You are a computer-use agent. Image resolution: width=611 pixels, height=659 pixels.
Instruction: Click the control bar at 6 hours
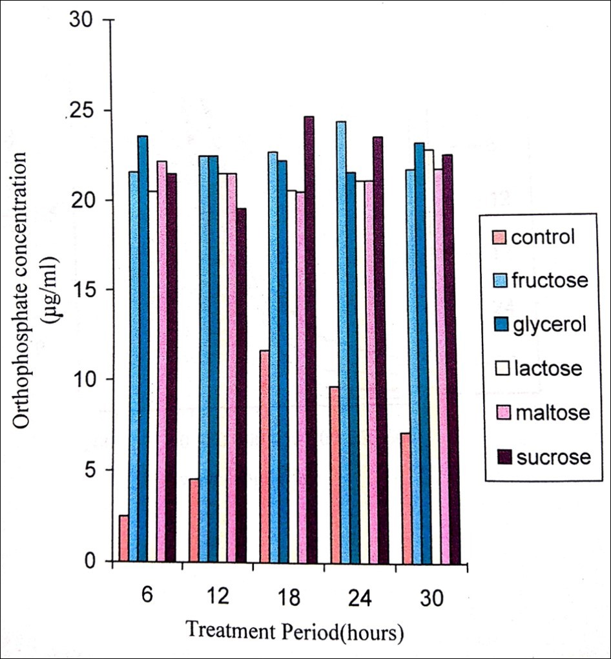pyautogui.click(x=123, y=538)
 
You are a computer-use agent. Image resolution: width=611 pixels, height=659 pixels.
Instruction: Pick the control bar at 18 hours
pyautogui.click(x=264, y=455)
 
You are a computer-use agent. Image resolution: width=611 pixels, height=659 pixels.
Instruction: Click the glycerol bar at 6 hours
pyautogui.click(x=143, y=349)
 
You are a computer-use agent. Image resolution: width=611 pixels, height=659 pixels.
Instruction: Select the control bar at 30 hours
pyautogui.click(x=406, y=497)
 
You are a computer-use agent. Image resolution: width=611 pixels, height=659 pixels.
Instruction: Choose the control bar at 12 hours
pyautogui.click(x=194, y=520)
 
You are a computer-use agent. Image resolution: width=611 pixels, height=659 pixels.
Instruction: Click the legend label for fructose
pyautogui.click(x=549, y=281)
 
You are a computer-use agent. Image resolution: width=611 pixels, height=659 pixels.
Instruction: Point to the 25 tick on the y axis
pyautogui.click(x=110, y=110)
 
